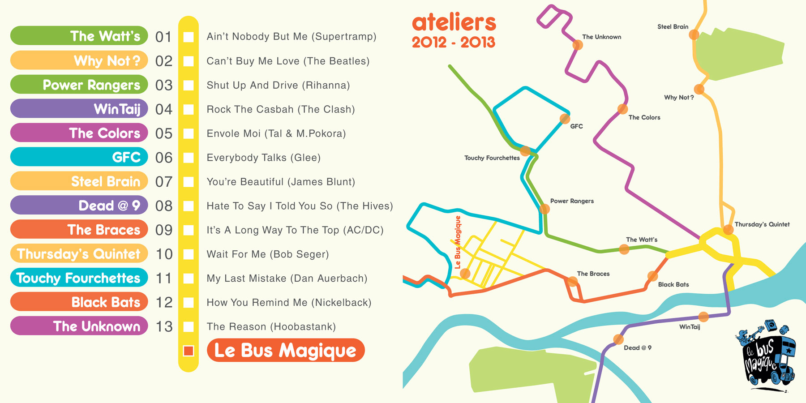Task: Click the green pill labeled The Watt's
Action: point(79,36)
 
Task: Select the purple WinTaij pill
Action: point(79,109)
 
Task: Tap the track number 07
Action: point(163,182)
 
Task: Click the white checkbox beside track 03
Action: point(189,85)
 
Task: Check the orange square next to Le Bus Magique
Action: point(189,351)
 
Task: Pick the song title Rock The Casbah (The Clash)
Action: point(280,109)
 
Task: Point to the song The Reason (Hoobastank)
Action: point(271,326)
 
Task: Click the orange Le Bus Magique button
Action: point(286,350)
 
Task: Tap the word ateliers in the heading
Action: point(454,22)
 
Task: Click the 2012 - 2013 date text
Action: point(453,43)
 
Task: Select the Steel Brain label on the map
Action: point(673,27)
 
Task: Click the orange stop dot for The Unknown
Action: point(578,45)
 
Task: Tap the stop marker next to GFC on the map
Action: point(565,119)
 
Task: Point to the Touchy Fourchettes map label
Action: point(492,158)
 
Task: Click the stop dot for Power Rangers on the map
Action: point(544,209)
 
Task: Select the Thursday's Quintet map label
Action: point(762,224)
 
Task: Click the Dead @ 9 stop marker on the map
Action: point(618,339)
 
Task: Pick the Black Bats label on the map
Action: point(673,284)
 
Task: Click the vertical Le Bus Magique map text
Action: point(458,242)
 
